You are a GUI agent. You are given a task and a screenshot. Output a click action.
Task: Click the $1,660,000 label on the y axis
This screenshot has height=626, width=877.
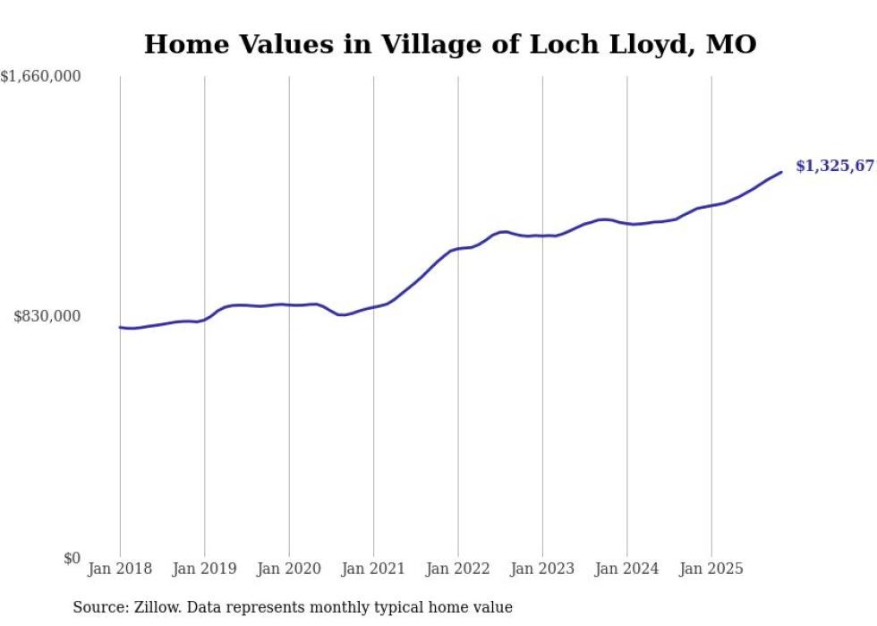point(41,77)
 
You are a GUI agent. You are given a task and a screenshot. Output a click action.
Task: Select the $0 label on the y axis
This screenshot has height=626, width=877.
point(72,558)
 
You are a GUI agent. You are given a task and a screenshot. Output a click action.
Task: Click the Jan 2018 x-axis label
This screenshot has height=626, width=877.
point(120,569)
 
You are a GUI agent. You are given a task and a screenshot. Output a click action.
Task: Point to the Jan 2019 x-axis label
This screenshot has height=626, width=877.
point(204,569)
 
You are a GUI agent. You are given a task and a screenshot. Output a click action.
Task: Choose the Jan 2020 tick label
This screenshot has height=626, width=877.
point(289,569)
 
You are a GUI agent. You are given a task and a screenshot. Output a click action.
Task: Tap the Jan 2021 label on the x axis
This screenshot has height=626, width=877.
point(373,569)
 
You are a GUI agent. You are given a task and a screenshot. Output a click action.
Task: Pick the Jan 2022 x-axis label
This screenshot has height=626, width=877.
point(458,569)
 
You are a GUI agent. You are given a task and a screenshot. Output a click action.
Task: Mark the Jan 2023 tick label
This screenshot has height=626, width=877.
point(542,569)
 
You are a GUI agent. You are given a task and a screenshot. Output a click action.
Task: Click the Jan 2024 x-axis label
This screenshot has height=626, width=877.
point(627,569)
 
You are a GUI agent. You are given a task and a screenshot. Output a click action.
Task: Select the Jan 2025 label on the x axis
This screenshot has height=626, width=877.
point(711,569)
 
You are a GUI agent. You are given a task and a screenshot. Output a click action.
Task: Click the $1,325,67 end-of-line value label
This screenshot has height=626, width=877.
point(835,167)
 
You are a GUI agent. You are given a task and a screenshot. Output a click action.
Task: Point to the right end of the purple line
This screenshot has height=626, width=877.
point(781,172)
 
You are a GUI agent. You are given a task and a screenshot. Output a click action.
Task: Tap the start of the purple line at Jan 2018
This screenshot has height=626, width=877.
point(120,327)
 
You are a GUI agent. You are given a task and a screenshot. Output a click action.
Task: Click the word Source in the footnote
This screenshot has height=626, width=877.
point(97,607)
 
